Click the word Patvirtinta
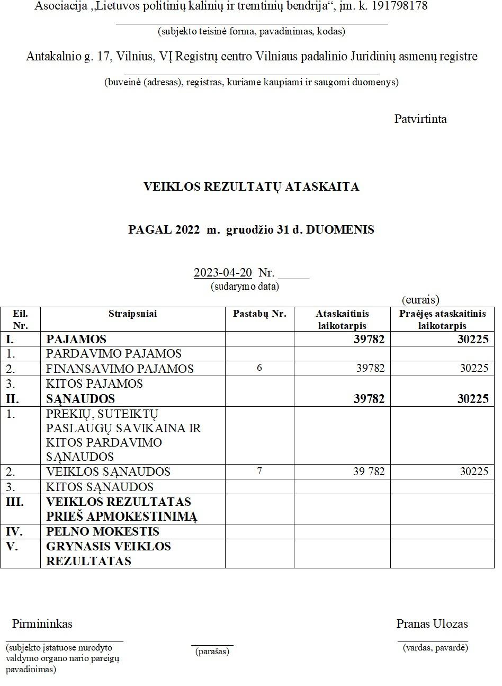420,119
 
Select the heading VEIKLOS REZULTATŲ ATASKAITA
251,186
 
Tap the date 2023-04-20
222,273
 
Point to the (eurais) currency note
420,300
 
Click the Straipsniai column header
132,314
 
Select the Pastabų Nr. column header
259,314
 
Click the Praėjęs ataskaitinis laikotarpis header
442,319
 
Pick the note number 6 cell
259,368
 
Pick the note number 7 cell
259,470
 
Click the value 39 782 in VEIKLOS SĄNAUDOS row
369,471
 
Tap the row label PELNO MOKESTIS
103,532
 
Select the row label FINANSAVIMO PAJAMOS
120,369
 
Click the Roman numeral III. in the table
15,502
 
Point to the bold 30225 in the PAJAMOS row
473,339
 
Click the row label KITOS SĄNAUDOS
100,487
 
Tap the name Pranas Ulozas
432,623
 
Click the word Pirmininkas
42,623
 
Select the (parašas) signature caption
212,652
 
